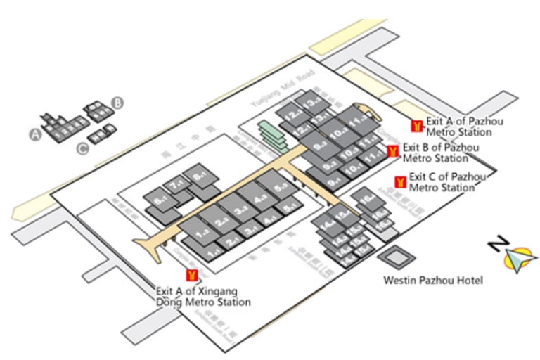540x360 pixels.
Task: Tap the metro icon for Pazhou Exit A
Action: click(418, 126)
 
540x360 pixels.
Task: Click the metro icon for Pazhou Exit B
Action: click(393, 151)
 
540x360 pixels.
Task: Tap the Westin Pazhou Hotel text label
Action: click(432, 281)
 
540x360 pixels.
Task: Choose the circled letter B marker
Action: click(117, 103)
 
